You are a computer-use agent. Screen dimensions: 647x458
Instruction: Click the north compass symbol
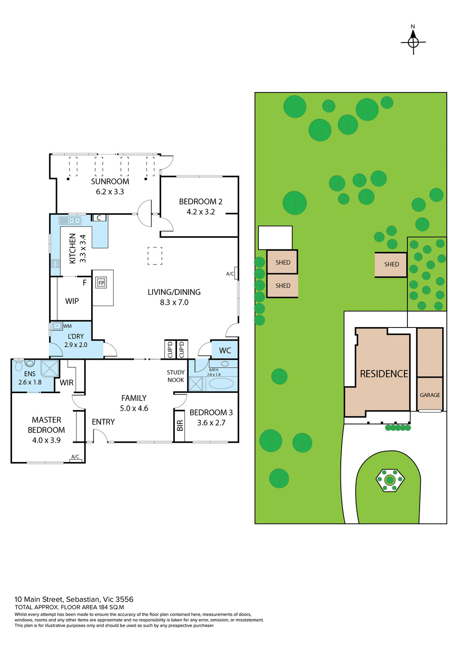[x=413, y=42]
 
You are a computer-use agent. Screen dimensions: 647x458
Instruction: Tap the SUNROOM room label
[x=110, y=181]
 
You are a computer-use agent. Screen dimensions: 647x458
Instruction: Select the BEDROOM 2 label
[x=200, y=202]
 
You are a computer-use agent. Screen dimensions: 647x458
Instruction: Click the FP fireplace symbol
[x=101, y=283]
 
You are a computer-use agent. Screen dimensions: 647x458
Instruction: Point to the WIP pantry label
[x=72, y=301]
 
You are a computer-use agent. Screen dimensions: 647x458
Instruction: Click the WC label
[x=225, y=351]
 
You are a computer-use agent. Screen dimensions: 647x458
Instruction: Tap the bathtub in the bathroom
[x=221, y=383]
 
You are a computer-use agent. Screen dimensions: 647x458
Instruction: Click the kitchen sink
[x=70, y=220]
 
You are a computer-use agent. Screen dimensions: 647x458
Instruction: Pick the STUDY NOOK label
[x=176, y=376]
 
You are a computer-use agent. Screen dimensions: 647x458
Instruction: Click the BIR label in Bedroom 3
[x=180, y=426]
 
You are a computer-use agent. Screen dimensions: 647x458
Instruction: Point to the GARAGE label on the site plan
[x=430, y=395]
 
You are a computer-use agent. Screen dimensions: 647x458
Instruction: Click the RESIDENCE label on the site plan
[x=384, y=374]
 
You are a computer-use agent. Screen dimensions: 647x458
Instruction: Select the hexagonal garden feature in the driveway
[x=390, y=480]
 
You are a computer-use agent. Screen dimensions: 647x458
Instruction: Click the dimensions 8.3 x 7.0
[x=174, y=302]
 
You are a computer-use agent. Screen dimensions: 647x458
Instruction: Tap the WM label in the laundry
[x=67, y=326]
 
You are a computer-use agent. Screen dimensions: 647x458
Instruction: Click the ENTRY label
[x=103, y=422]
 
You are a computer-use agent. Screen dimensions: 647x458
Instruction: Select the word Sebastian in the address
[x=83, y=599]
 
